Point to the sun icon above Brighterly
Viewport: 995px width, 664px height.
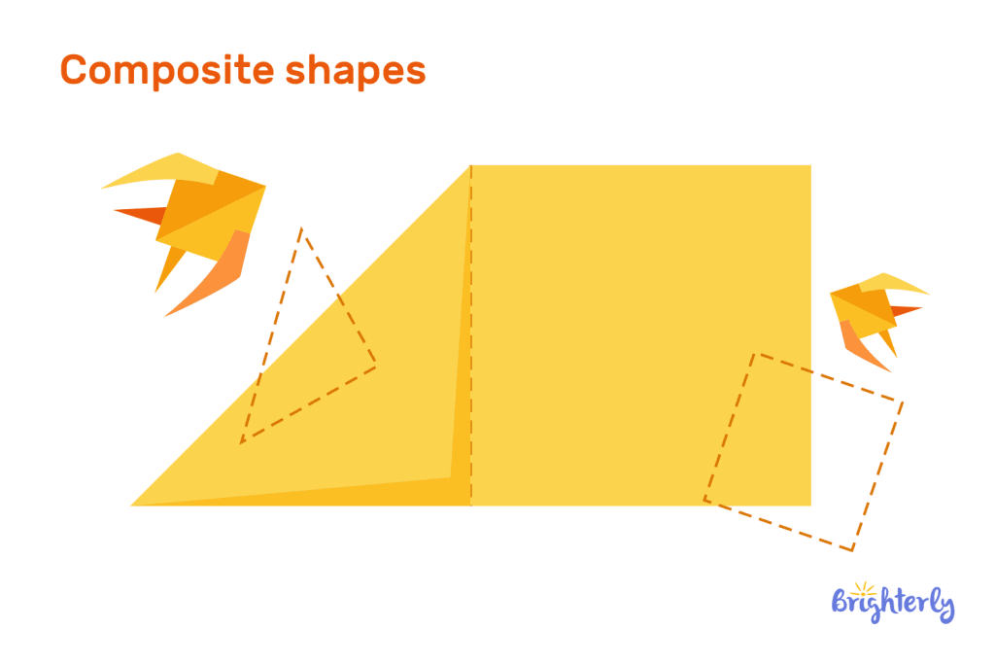click(x=858, y=587)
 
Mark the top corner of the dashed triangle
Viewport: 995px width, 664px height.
click(x=302, y=228)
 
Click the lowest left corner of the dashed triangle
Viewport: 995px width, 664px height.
click(x=241, y=443)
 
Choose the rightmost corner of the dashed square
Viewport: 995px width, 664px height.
click(x=903, y=402)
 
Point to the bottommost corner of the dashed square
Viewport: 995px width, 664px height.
click(x=852, y=550)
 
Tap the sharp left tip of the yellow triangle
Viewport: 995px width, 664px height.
click(x=132, y=505)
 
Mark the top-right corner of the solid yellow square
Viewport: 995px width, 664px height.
click(x=810, y=166)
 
